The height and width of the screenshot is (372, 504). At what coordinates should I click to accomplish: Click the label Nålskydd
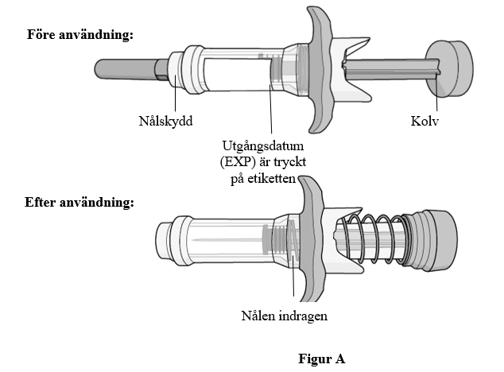click(x=165, y=121)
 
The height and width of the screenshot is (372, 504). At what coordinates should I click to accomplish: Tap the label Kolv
click(x=425, y=121)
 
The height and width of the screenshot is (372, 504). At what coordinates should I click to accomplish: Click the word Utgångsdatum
click(x=263, y=146)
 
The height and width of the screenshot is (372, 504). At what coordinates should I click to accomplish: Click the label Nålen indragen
click(x=285, y=316)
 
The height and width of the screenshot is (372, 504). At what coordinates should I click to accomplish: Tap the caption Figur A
click(x=322, y=358)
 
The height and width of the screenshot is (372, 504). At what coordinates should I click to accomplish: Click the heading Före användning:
click(x=80, y=34)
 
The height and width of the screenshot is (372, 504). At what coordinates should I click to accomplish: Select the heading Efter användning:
click(x=79, y=202)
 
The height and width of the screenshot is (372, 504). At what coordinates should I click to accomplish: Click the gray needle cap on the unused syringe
click(x=129, y=68)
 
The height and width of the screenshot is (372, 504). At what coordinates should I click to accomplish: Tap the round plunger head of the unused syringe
click(x=450, y=68)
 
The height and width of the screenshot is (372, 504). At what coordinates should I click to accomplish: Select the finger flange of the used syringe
click(x=311, y=239)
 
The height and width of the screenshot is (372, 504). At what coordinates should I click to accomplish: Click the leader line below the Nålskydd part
click(x=175, y=93)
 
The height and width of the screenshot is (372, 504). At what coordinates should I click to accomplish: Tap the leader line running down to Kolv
click(x=436, y=93)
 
